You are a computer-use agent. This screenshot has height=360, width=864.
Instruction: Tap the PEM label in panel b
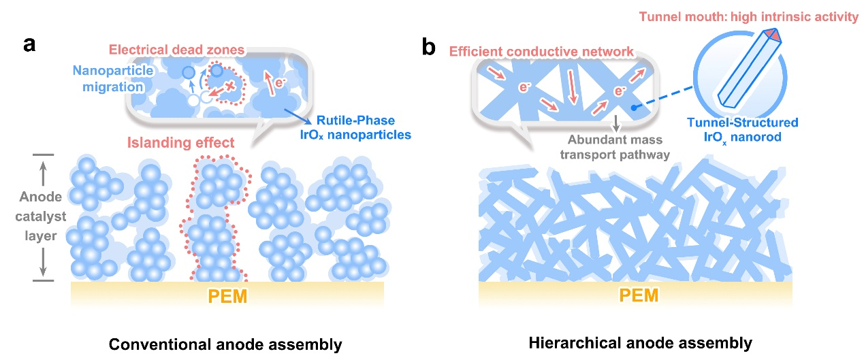point(639,297)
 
